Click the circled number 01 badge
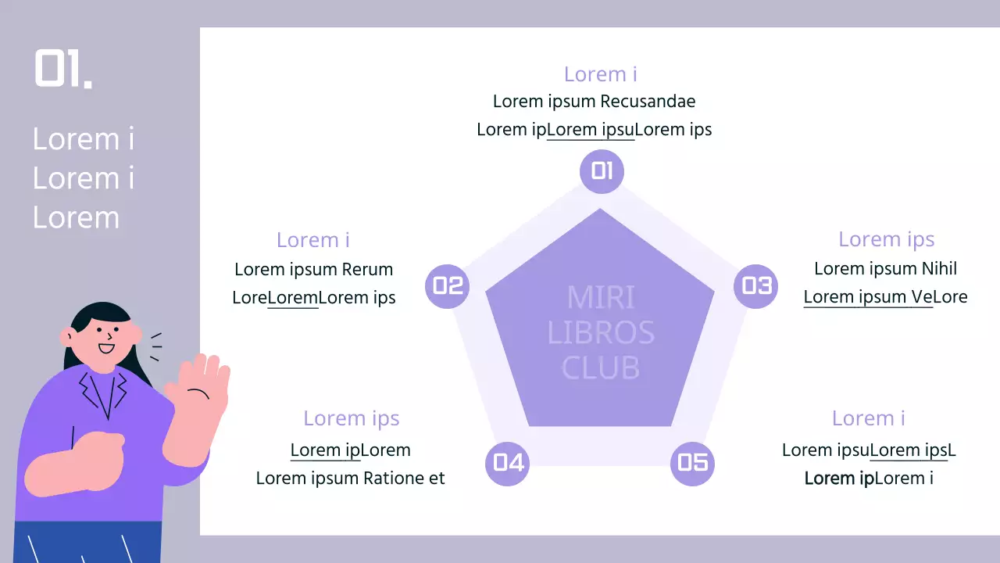tap(602, 170)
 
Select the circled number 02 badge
tap(448, 286)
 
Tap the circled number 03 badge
tap(755, 286)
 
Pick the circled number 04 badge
tap(508, 463)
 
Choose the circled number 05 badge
tap(693, 463)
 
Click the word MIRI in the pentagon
tap(601, 298)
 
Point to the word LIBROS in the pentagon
tap(601, 333)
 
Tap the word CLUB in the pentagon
tap(601, 368)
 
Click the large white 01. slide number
tap(63, 69)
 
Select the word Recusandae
tap(648, 102)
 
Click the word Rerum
tap(367, 270)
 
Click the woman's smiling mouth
tap(106, 350)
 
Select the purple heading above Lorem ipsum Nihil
tap(886, 239)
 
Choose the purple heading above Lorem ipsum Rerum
tap(312, 240)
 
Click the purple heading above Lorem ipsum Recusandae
tap(600, 74)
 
